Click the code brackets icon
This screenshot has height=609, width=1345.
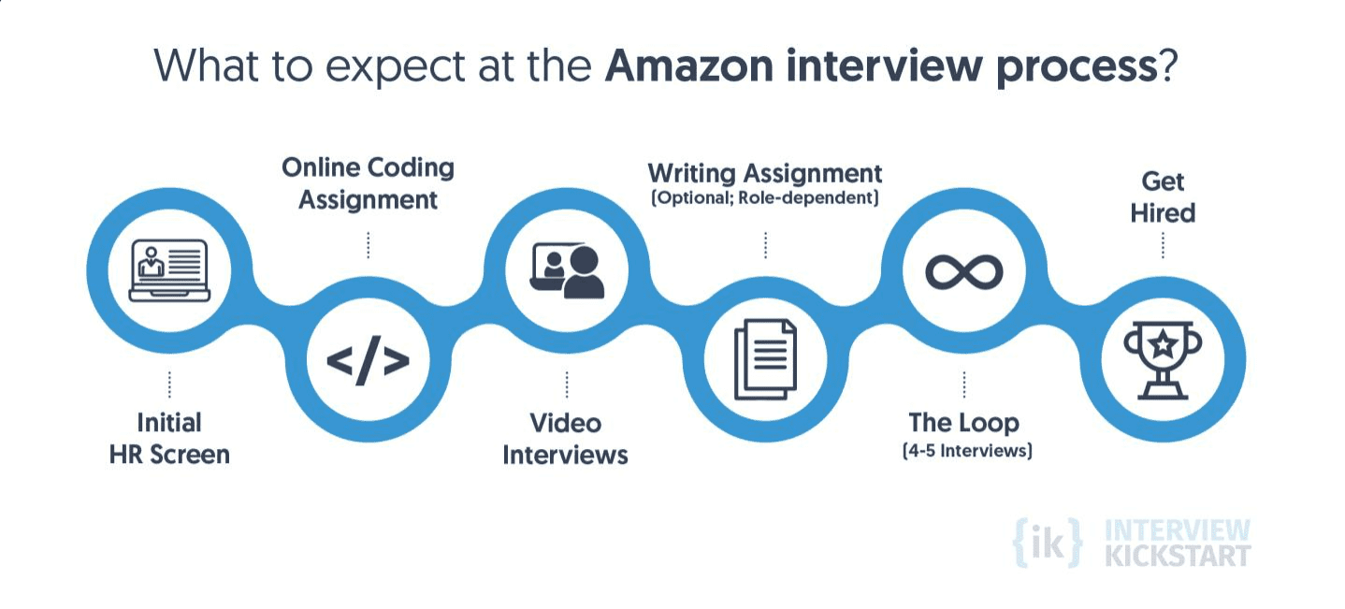[368, 361]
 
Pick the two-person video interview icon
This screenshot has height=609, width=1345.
[567, 270]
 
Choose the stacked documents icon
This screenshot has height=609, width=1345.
[765, 359]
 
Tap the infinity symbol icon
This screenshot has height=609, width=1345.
[963, 272]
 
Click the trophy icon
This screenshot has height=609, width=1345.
[1163, 359]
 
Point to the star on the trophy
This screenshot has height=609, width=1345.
[1163, 345]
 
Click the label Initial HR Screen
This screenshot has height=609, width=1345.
[169, 439]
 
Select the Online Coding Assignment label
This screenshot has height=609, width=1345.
[368, 183]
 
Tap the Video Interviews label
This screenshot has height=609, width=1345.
[566, 439]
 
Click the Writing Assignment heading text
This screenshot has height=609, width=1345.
[765, 173]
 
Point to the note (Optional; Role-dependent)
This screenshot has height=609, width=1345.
[765, 199]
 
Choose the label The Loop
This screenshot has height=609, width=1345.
[963, 423]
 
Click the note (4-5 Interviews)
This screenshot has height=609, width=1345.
[967, 452]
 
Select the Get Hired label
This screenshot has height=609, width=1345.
[1163, 196]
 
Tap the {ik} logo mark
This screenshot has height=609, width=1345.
[1048, 543]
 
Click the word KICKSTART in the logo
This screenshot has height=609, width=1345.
[1178, 556]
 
